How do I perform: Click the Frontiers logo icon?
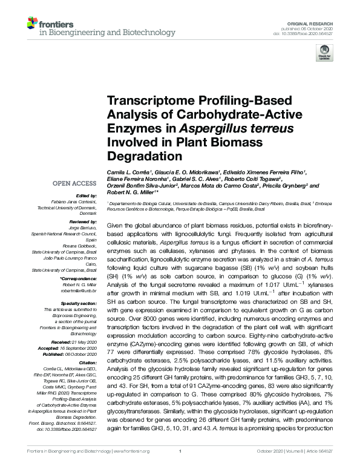(33, 24)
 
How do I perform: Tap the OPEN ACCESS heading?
(75, 182)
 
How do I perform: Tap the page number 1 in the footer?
(180, 466)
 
